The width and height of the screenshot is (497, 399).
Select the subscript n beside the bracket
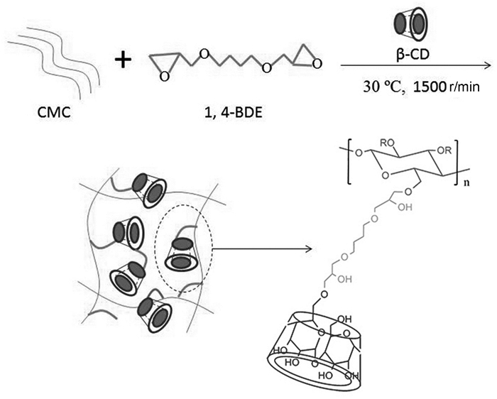pos(466,182)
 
